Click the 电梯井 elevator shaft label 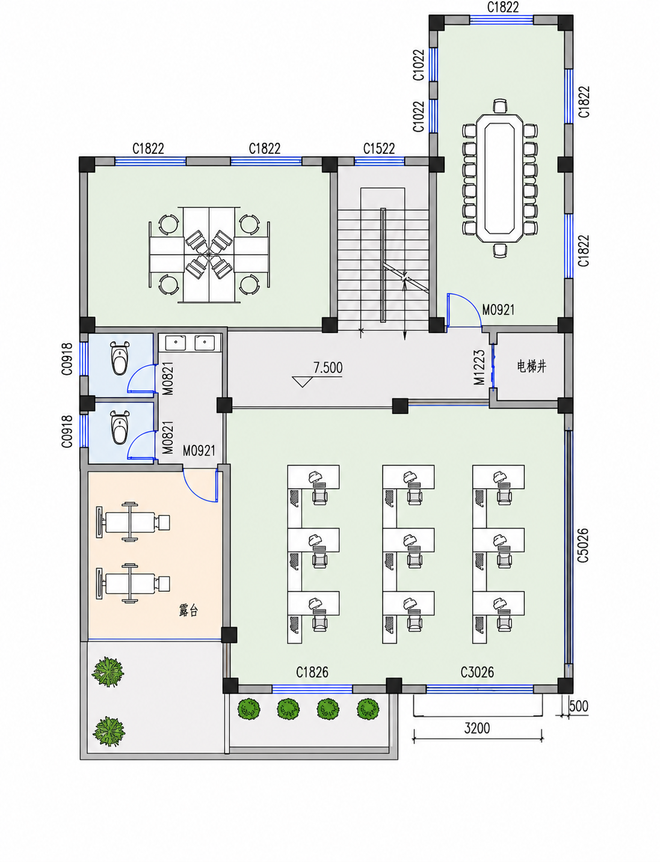[531, 367]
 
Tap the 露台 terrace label [188, 611]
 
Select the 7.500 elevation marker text [328, 367]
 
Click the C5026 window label [583, 545]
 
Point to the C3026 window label [477, 672]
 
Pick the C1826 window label [312, 672]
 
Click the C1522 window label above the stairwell [379, 149]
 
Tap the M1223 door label [479, 367]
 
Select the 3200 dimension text [477, 729]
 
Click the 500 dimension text [579, 706]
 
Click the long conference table [499, 178]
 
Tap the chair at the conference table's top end [500, 106]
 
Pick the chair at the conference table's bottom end [500, 250]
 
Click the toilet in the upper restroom [119, 358]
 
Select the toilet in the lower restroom [119, 427]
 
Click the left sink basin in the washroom [175, 343]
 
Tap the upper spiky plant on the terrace [108, 672]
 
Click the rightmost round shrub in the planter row [368, 709]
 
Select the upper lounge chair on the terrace [133, 522]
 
